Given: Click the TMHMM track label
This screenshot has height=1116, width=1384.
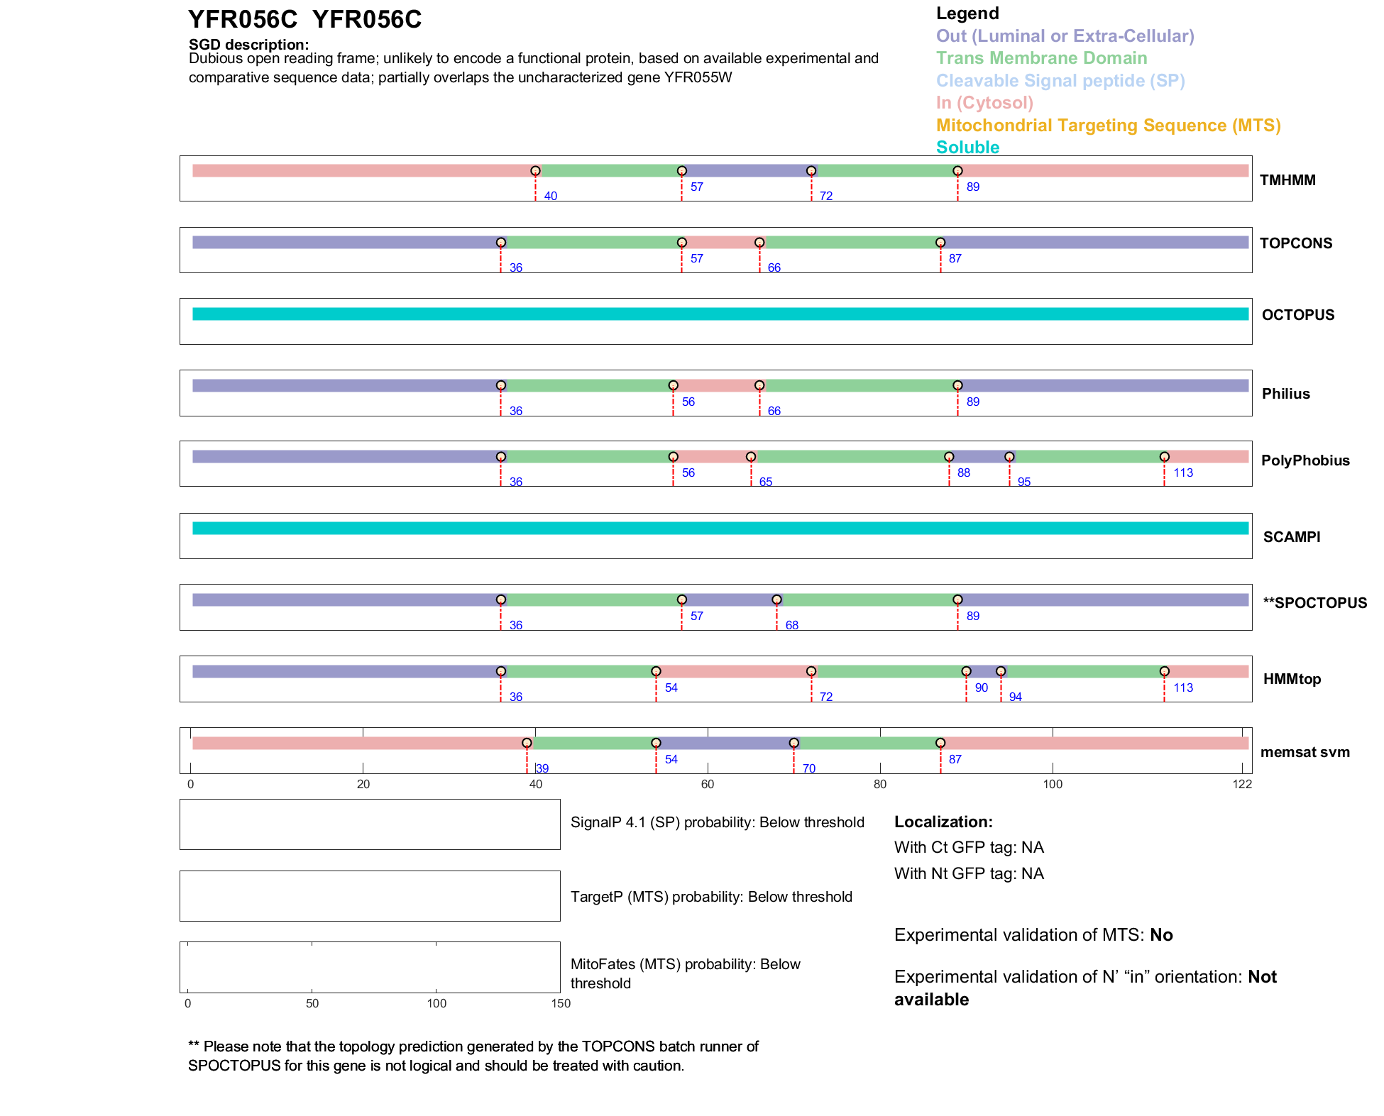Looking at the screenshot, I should pos(1287,180).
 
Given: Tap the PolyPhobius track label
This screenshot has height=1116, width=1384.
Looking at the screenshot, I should pos(1305,460).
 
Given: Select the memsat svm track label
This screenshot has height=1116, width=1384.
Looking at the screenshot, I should pos(1305,752).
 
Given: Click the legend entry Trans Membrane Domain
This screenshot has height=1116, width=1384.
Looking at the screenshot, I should pos(1041,58).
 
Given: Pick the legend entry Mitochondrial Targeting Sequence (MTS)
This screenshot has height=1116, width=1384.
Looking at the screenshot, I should pos(1108,126).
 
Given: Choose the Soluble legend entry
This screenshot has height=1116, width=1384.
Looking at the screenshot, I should pos(967,148).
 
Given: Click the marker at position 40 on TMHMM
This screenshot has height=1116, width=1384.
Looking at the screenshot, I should pos(535,171).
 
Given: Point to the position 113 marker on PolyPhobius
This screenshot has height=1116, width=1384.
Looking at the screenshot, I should pos(1164,457).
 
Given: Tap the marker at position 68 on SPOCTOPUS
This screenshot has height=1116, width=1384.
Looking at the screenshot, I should pos(776,600).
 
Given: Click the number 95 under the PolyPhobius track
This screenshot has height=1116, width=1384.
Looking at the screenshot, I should pos(1023,482).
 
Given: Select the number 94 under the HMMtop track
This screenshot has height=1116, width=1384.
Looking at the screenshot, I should pos(1015,697).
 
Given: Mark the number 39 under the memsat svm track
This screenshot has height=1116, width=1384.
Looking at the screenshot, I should pos(542,769).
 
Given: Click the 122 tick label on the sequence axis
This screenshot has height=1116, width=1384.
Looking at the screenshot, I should pos(1242,784).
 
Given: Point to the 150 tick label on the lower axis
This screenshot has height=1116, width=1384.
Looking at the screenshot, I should pos(561,1003).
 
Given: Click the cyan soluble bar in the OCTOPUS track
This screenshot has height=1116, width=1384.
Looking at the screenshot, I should pos(720,314).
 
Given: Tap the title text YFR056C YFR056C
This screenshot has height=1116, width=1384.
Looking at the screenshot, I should pos(304,20).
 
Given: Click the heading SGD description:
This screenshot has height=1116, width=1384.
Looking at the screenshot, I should pos(248,45).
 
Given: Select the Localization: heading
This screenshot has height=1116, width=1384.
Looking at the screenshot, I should pos(943,822).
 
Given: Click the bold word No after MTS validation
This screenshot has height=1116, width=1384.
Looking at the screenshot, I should pos(1161,935).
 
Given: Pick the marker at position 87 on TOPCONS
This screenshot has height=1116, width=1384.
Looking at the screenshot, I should pos(940,243).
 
